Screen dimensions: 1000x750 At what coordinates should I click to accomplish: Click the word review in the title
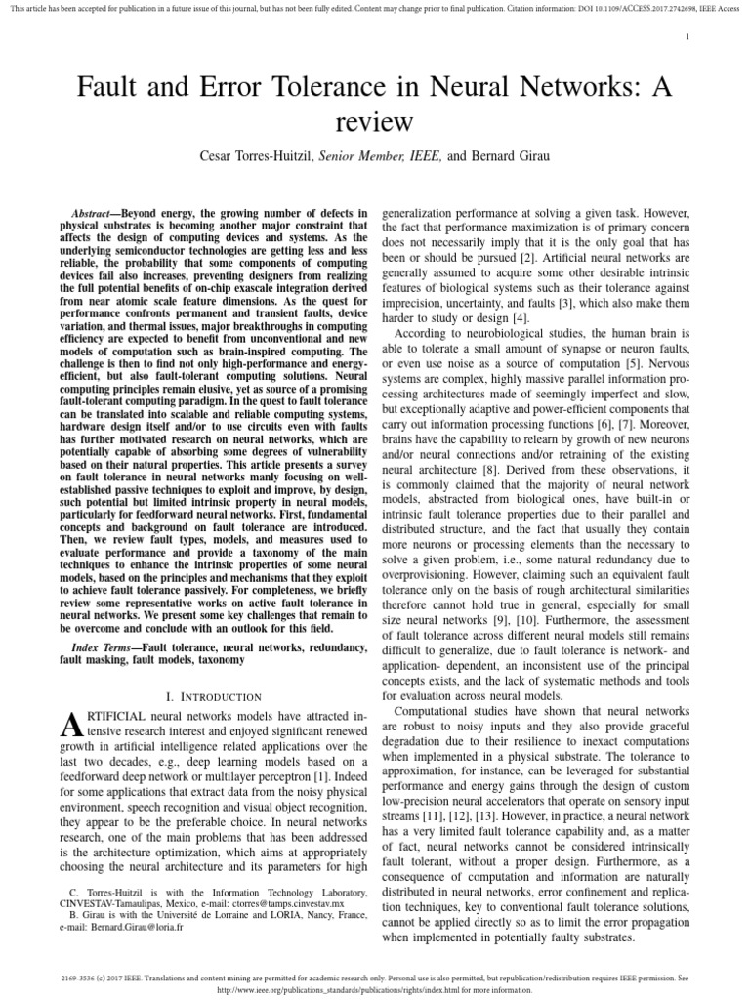pos(373,121)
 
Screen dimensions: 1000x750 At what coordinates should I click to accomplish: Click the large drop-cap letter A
pos(71,724)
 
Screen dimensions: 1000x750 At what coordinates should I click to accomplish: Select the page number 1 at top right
pos(687,36)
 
